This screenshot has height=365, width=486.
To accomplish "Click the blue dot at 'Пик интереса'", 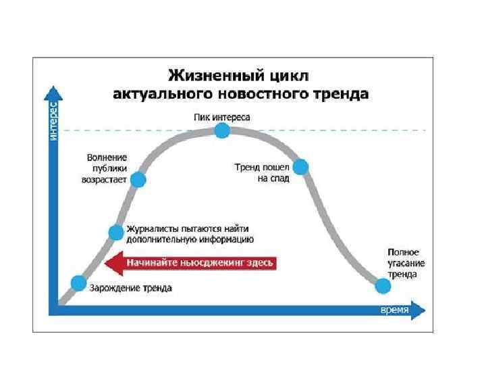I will tap(222, 131).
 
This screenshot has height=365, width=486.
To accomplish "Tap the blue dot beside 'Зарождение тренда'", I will tap(79, 283).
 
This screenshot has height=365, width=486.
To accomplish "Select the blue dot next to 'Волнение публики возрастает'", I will tap(138, 180).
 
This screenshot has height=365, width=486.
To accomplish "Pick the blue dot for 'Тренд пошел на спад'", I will tap(300, 166).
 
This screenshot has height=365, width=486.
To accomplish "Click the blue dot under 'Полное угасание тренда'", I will tap(383, 287).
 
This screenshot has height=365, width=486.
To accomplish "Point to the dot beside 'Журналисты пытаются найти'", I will tap(116, 233).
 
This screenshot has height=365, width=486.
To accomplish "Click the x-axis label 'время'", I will tap(394, 309).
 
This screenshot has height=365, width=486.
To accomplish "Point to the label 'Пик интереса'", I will tap(221, 118).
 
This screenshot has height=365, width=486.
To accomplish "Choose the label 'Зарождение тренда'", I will tap(131, 288).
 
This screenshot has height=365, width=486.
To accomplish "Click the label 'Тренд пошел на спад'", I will tap(263, 172).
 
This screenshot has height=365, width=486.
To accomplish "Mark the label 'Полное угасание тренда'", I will tap(402, 263).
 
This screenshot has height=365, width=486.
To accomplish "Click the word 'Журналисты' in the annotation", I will tap(151, 230).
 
